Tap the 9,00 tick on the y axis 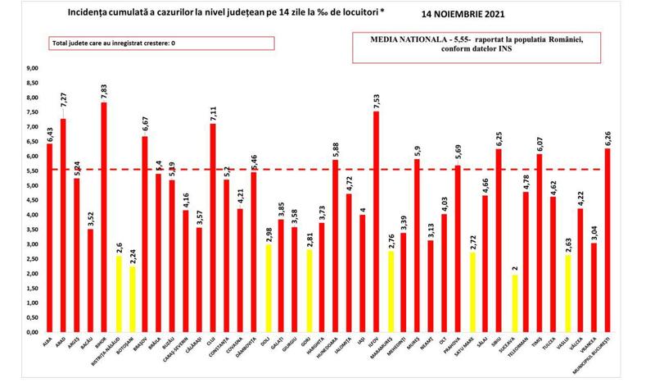tap(32, 69)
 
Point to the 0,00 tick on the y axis tap(32, 332)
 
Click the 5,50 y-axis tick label tap(32, 171)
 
